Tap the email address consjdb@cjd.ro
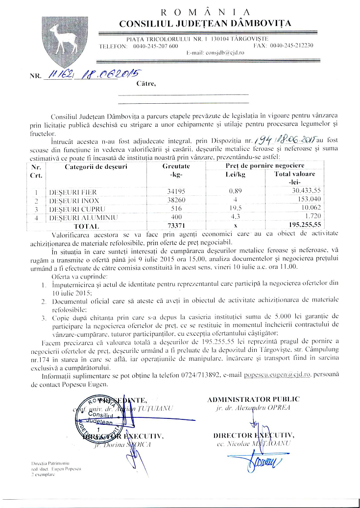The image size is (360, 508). [215, 52]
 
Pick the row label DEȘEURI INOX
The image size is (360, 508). [73, 201]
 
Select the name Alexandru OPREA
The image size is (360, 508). [257, 407]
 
